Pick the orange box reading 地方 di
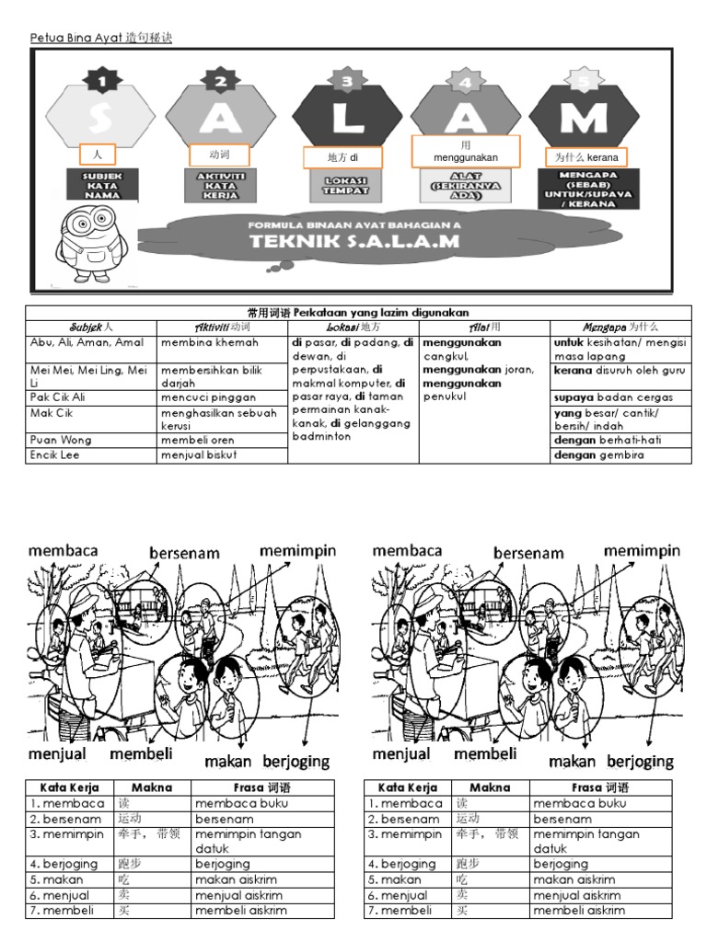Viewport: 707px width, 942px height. (342, 158)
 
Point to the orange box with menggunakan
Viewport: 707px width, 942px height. (466, 152)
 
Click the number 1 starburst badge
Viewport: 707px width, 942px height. (102, 82)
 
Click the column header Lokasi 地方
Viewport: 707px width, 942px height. (353, 327)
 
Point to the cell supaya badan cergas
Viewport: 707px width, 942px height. (613, 397)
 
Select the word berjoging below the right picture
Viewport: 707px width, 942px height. (634, 762)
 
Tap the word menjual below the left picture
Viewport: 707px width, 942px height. (57, 755)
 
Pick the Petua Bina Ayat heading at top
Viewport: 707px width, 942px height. (101, 38)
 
